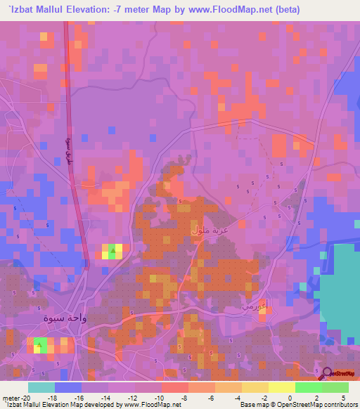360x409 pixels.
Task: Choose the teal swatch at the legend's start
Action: pos(41,387)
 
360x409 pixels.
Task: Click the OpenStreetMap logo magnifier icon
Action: pos(326,372)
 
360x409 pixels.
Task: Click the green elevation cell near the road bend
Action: pos(112,248)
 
